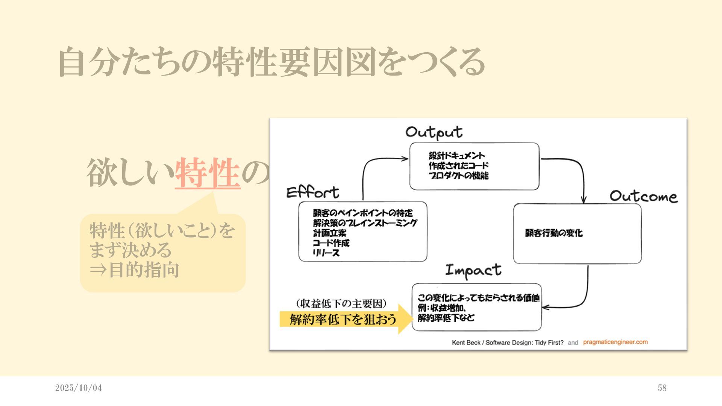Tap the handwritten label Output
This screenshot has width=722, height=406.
pyautogui.click(x=434, y=133)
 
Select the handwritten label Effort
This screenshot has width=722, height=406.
pyautogui.click(x=312, y=192)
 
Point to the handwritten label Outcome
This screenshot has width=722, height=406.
pyautogui.click(x=643, y=196)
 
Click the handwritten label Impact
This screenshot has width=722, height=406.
pyautogui.click(x=473, y=270)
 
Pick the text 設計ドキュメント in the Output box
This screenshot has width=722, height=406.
pyautogui.click(x=457, y=156)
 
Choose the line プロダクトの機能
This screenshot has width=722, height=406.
pyautogui.click(x=458, y=176)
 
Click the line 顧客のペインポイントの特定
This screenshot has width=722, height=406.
pyautogui.click(x=363, y=213)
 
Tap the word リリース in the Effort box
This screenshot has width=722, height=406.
pyautogui.click(x=326, y=253)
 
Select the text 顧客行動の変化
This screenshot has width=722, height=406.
pyautogui.click(x=554, y=233)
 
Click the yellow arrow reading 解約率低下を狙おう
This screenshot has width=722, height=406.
pyautogui.click(x=344, y=319)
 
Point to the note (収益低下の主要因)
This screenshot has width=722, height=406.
pyautogui.click(x=341, y=303)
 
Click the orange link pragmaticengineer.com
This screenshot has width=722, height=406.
pyautogui.click(x=615, y=342)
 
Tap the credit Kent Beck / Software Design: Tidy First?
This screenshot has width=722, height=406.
pyautogui.click(x=508, y=342)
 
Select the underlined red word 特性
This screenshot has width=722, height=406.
pyautogui.click(x=208, y=173)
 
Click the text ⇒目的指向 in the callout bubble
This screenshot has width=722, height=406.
pyautogui.click(x=134, y=270)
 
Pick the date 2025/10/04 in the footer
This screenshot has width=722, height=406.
pyautogui.click(x=78, y=388)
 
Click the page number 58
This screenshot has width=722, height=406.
pyautogui.click(x=662, y=388)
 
